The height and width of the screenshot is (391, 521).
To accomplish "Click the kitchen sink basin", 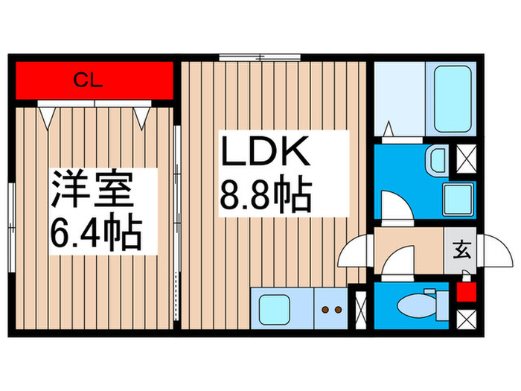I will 273,308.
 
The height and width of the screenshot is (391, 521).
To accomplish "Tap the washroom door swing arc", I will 396,205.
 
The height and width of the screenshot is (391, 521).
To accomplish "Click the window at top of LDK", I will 259,57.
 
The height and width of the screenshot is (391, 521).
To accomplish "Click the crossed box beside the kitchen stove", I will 360,308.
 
